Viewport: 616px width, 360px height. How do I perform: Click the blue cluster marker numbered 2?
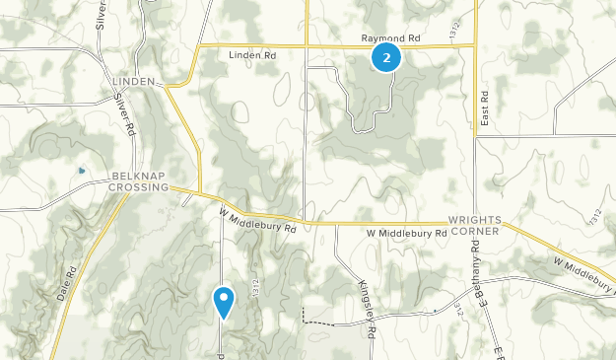tap(386, 58)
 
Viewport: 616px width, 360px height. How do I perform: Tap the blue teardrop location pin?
tap(225, 301)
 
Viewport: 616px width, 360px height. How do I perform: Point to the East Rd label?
tap(485, 108)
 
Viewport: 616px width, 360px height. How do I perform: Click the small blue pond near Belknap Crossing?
tap(82, 171)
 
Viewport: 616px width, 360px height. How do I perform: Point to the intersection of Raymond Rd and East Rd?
tap(476, 44)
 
